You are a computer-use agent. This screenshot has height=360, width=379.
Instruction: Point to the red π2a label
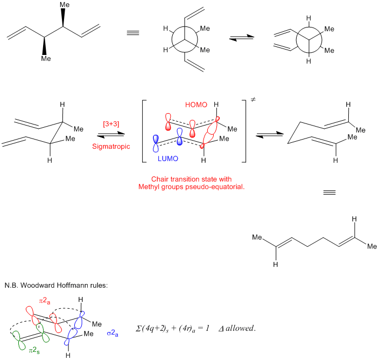[x=44, y=297]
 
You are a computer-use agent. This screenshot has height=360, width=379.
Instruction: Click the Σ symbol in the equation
[x=140, y=328]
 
